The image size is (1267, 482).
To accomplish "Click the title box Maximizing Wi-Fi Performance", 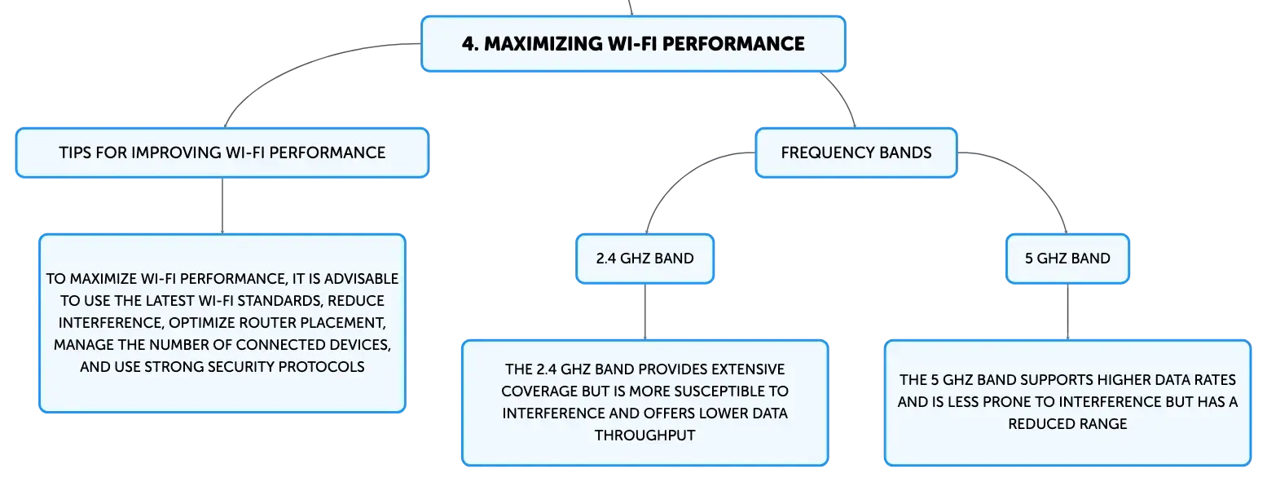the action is click(633, 43).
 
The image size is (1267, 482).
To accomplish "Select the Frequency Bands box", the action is click(856, 153).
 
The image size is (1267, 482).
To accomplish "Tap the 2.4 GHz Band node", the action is click(644, 259).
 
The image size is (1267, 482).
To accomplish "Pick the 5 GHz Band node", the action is click(1067, 259).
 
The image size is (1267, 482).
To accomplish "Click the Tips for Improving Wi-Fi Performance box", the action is click(222, 153).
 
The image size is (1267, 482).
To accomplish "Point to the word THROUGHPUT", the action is click(644, 435).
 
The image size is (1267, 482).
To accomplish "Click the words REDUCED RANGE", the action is click(1067, 423).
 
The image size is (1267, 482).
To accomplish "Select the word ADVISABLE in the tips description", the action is click(362, 279).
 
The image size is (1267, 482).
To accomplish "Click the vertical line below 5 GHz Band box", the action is click(1067, 312).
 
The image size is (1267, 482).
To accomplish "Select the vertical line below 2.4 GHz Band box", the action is click(644, 312).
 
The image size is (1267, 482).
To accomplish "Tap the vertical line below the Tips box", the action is click(222, 206).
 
